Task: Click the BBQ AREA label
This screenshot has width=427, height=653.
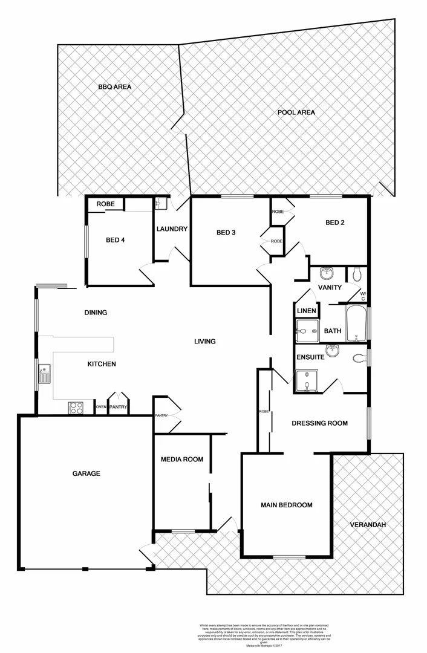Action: [x=114, y=86]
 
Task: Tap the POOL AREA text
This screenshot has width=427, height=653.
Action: [x=296, y=112]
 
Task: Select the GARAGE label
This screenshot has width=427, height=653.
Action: [x=86, y=473]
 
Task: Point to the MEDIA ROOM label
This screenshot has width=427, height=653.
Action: [x=182, y=459]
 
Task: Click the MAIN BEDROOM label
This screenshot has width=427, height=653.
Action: [x=287, y=505]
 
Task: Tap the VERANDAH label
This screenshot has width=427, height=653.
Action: [x=368, y=524]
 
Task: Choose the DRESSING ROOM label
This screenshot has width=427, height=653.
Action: [x=319, y=423]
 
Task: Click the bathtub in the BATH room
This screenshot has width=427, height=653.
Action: [x=356, y=325]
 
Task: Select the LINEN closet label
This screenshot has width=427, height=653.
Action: [x=305, y=311]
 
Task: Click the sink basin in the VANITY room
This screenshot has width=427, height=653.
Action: [x=327, y=273]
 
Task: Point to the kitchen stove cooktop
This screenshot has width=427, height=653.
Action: [x=76, y=408]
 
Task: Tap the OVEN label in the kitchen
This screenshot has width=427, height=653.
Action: [x=101, y=408]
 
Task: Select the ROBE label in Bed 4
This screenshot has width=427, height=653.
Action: [x=105, y=204]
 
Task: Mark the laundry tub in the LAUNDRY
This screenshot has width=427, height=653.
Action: [x=160, y=204]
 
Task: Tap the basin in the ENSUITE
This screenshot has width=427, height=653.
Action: [x=331, y=351]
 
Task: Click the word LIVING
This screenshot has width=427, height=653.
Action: [x=204, y=342]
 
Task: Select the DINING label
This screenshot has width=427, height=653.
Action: [x=96, y=313]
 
